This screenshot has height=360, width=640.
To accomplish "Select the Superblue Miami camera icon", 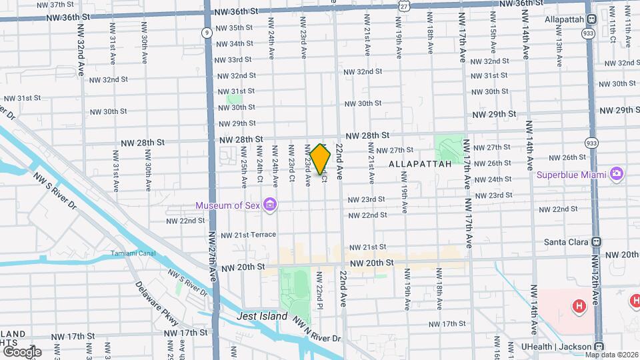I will [617, 174].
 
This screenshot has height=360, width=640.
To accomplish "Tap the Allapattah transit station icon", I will [593, 19].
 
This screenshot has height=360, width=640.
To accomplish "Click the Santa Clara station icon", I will [597, 242].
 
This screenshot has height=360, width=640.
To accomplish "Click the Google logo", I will [22, 351].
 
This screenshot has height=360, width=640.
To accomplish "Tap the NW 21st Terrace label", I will [248, 235].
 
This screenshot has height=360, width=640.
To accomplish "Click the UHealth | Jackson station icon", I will [599, 347].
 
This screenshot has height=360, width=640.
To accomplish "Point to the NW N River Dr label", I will [317, 329].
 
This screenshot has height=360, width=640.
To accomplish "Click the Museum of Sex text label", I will [227, 205].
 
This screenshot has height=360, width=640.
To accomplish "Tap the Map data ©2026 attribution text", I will [611, 354].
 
